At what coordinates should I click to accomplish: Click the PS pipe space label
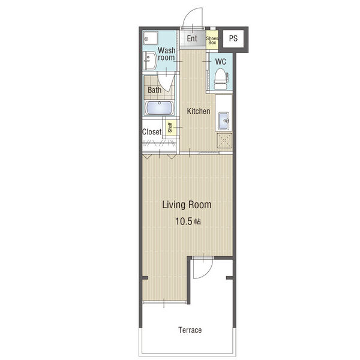pos(233,38)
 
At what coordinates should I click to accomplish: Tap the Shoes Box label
pos(212,40)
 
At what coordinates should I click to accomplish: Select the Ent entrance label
pos(192,38)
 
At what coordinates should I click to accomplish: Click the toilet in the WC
pos(221,79)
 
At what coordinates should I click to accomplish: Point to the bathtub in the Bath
pos(160,108)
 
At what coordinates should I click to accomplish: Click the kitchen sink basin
pos(224,121)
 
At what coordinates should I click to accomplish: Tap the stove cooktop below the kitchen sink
pos(224,140)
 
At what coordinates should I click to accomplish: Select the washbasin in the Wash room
pos(149,61)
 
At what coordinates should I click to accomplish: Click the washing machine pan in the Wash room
pos(151,38)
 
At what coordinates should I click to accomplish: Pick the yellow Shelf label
pos(170,128)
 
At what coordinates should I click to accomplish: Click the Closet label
pos(152,132)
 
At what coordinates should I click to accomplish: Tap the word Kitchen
pos(199,111)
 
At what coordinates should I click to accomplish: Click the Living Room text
pos(187,205)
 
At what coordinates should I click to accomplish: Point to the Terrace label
pos(190,330)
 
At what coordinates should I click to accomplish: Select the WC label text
pos(220,62)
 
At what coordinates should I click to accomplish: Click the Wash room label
pos(166,54)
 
